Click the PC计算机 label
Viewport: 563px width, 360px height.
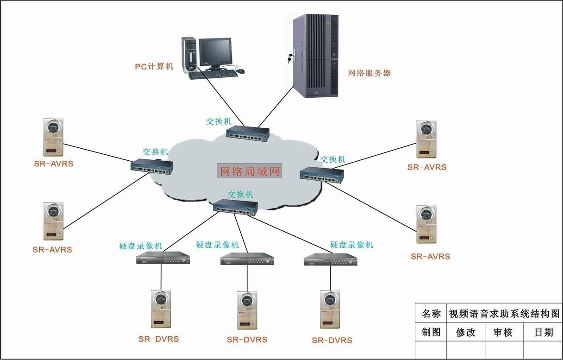click(x=154, y=66)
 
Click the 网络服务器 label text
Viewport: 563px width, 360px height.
click(x=369, y=73)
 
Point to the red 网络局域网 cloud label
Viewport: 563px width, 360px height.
click(x=249, y=171)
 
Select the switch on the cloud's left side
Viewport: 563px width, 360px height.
click(x=152, y=166)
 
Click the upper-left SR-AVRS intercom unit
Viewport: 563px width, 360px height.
click(x=54, y=138)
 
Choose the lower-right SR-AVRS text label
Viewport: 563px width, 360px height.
click(x=430, y=256)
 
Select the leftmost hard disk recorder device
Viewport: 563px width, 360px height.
click(x=163, y=259)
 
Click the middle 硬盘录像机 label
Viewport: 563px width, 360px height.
click(x=218, y=245)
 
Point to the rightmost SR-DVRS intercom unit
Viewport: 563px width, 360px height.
click(x=330, y=310)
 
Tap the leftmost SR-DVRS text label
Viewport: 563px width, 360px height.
click(x=158, y=339)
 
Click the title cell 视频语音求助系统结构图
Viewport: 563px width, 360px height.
click(x=504, y=314)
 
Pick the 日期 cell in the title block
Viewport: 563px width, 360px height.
click(x=544, y=332)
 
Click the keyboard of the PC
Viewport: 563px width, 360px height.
click(x=211, y=75)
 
